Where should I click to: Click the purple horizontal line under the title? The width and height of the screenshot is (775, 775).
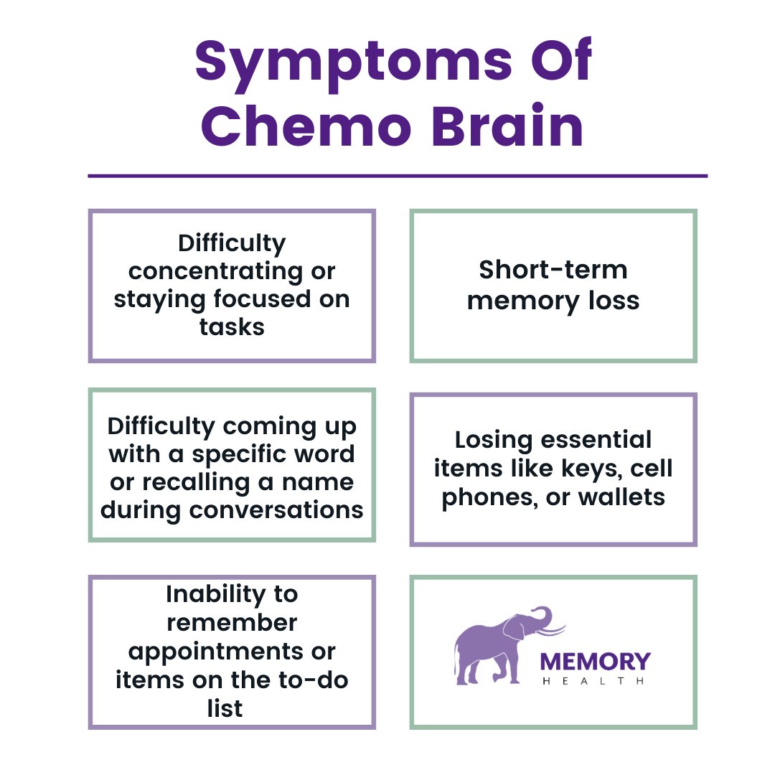[397, 175]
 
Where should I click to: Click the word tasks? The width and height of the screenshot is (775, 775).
[232, 327]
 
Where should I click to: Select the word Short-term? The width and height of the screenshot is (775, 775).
[553, 270]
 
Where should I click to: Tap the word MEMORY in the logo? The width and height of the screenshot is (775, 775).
[595, 661]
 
